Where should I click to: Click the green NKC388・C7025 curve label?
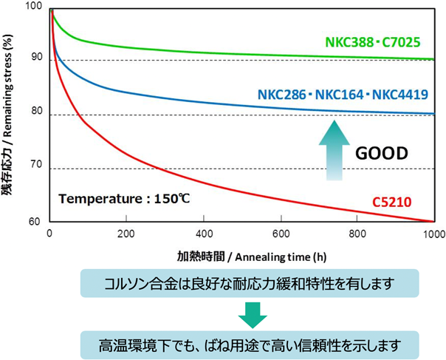(x=378, y=41)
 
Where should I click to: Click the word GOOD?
(x=382, y=154)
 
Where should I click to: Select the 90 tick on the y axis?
(x=37, y=61)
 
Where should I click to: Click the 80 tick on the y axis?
(x=37, y=115)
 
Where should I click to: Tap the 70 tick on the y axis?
(x=37, y=169)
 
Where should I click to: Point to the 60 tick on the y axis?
(x=37, y=222)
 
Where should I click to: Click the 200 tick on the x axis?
(x=126, y=234)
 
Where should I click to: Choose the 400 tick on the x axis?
(x=202, y=234)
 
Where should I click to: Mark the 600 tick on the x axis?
(x=279, y=234)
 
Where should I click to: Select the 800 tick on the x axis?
(x=356, y=234)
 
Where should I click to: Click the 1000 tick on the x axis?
(x=432, y=234)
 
